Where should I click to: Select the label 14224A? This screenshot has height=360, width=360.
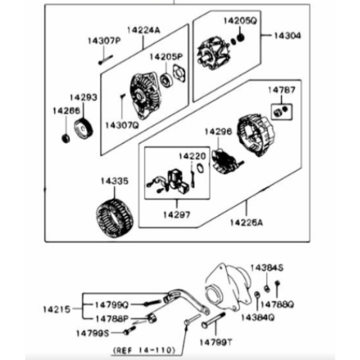[144, 30]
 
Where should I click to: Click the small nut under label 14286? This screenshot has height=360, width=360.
[65, 138]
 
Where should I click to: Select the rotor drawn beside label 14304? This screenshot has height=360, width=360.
[211, 53]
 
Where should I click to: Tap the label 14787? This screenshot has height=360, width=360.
[282, 90]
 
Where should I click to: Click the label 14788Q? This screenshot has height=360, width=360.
[277, 305]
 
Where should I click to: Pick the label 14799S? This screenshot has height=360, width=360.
[92, 333]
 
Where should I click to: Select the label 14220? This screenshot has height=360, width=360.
[192, 156]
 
